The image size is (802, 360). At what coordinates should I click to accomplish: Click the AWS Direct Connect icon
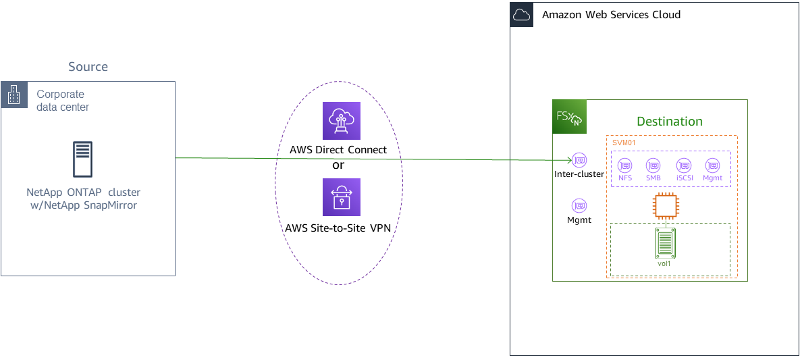(x=342, y=122)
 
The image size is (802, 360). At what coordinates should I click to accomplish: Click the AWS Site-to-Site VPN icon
(x=342, y=197)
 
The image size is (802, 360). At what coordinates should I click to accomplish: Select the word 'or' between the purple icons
(x=339, y=165)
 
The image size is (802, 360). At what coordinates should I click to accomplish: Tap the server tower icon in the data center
(x=82, y=160)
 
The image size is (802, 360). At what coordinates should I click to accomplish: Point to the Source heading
(x=88, y=67)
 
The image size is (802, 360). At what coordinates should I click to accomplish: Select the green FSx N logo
(x=570, y=117)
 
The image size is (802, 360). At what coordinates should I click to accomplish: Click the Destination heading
(x=670, y=122)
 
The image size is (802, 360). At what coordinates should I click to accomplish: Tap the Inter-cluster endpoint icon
(x=579, y=161)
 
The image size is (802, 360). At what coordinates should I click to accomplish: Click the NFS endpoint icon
(x=625, y=165)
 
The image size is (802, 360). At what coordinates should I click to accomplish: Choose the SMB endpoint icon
(x=653, y=165)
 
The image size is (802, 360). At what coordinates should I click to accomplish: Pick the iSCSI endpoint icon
(x=684, y=165)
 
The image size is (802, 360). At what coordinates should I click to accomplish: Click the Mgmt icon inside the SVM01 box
(x=712, y=165)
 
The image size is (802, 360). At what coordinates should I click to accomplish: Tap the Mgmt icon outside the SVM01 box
(x=579, y=205)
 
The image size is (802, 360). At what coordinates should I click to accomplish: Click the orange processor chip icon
(x=665, y=206)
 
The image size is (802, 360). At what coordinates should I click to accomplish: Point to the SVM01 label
(x=624, y=143)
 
